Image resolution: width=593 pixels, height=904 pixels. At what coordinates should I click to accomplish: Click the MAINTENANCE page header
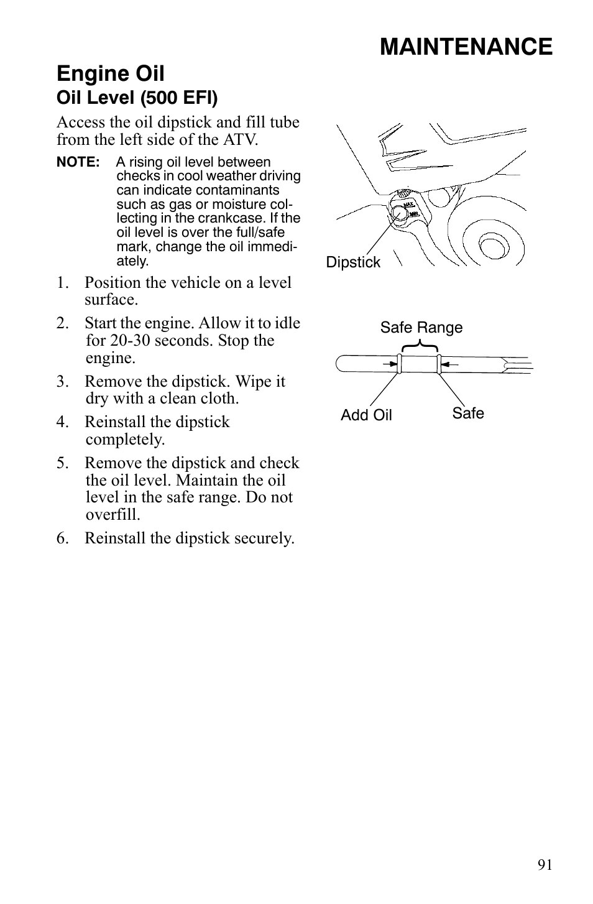tap(466, 47)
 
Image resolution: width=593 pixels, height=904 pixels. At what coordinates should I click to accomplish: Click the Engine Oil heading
tap(111, 73)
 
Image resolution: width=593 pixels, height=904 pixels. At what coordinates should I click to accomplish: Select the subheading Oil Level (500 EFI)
tap(137, 98)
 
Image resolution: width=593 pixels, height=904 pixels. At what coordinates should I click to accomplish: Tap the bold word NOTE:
tap(78, 162)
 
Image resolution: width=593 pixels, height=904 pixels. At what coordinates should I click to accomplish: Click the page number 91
tap(545, 865)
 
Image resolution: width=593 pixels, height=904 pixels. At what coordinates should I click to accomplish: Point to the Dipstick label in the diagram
tap(353, 262)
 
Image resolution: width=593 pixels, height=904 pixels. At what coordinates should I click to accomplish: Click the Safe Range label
tap(421, 328)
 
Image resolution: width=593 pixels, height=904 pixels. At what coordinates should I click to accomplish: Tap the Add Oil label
tap(366, 415)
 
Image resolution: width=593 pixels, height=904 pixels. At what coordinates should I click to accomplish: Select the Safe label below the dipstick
tap(468, 413)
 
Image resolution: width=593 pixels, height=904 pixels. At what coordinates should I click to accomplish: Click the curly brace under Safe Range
tap(421, 345)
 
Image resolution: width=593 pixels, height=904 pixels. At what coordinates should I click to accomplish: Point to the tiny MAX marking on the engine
tap(408, 204)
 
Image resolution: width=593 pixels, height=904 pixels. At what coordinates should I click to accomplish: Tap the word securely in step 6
tap(264, 538)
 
